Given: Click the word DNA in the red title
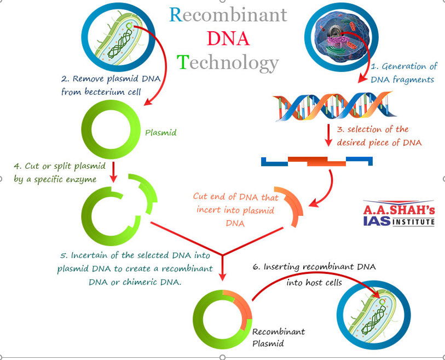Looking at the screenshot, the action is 228,38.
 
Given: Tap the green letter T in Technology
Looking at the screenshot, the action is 183,62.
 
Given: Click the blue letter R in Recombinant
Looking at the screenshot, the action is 176,14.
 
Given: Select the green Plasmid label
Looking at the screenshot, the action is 160,133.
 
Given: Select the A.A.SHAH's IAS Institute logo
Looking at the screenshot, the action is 398,213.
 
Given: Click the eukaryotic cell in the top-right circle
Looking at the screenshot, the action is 341,37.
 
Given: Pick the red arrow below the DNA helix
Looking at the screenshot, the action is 328,135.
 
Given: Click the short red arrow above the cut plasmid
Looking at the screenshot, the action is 113,172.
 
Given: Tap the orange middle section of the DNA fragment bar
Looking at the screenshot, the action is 317,161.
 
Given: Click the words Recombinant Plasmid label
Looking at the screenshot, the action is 279,338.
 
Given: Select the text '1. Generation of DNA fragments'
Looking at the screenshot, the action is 404,73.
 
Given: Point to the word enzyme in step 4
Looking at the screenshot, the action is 84,180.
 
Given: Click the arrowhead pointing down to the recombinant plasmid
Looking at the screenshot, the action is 223,277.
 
